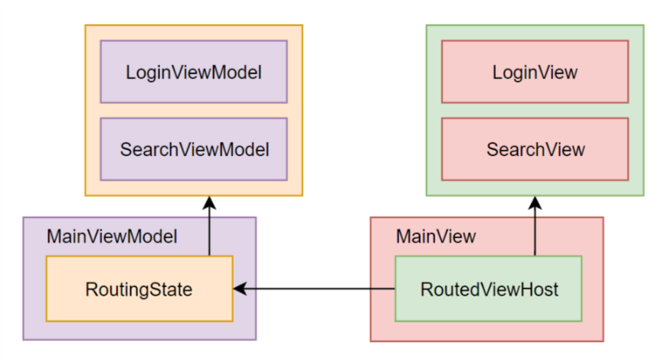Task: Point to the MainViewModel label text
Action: (x=112, y=237)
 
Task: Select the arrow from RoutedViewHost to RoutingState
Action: (x=314, y=289)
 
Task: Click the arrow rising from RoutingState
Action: (x=209, y=230)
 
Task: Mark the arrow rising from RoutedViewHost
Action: (x=535, y=230)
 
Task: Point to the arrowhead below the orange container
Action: (x=209, y=203)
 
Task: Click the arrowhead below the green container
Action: (x=535, y=203)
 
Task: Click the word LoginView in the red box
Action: (x=535, y=73)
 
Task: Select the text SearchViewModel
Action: (x=194, y=149)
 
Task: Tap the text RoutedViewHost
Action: (x=488, y=290)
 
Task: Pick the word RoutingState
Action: (x=139, y=290)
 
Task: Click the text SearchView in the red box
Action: (x=535, y=149)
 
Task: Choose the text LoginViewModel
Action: (x=194, y=73)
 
